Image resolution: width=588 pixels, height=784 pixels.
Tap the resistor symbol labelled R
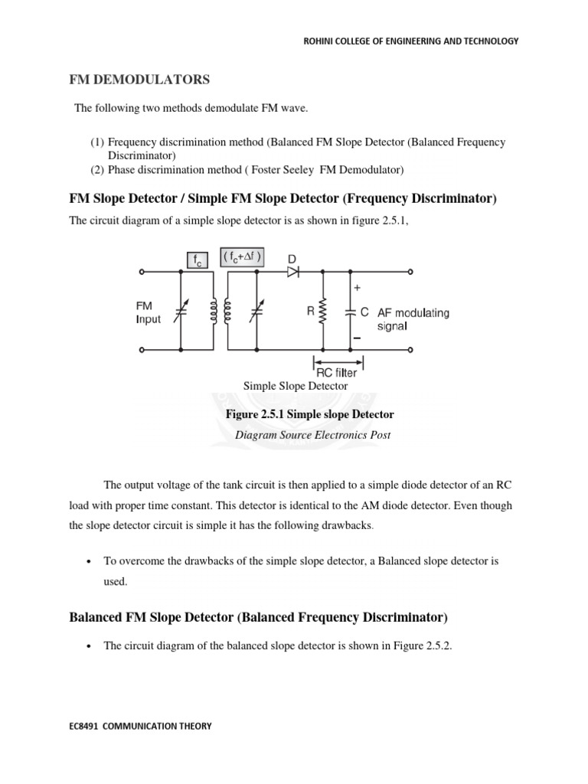pos(323,312)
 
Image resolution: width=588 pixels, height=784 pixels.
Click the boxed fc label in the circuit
pos(195,261)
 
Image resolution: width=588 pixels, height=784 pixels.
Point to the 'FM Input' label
pos(148,312)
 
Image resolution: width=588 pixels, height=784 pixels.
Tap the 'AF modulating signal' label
pos(413,318)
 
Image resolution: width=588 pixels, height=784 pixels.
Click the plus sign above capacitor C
pos(357,289)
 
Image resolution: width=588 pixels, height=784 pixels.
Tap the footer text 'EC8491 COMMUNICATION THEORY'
pos(137,727)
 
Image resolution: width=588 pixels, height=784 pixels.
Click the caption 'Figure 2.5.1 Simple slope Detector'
pos(309,414)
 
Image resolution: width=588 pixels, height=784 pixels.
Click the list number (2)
pos(97,169)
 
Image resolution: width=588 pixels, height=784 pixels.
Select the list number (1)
pos(97,142)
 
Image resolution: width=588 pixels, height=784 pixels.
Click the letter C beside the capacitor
pos(365,312)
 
